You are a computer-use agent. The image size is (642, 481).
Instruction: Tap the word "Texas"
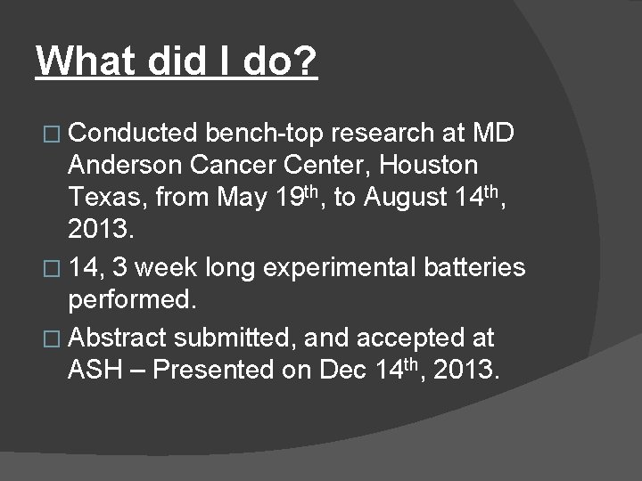click(105, 199)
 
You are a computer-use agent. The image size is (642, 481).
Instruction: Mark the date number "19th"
click(314, 197)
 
